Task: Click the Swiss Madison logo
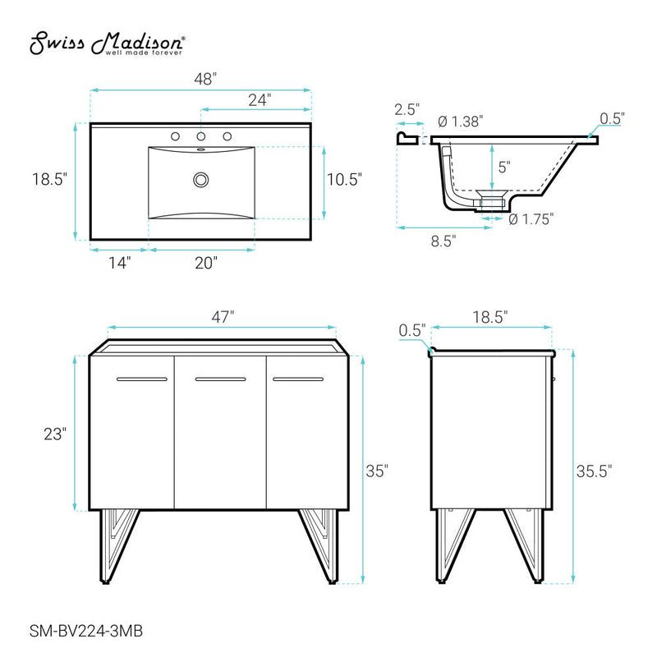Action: [108, 44]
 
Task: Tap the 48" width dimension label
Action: [201, 80]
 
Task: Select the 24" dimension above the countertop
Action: [259, 100]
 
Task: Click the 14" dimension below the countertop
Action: [118, 263]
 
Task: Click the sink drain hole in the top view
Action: [200, 179]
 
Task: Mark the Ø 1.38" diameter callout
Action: [459, 121]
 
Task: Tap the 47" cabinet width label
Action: [222, 316]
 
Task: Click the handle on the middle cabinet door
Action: [220, 379]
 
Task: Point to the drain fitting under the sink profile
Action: [491, 203]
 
